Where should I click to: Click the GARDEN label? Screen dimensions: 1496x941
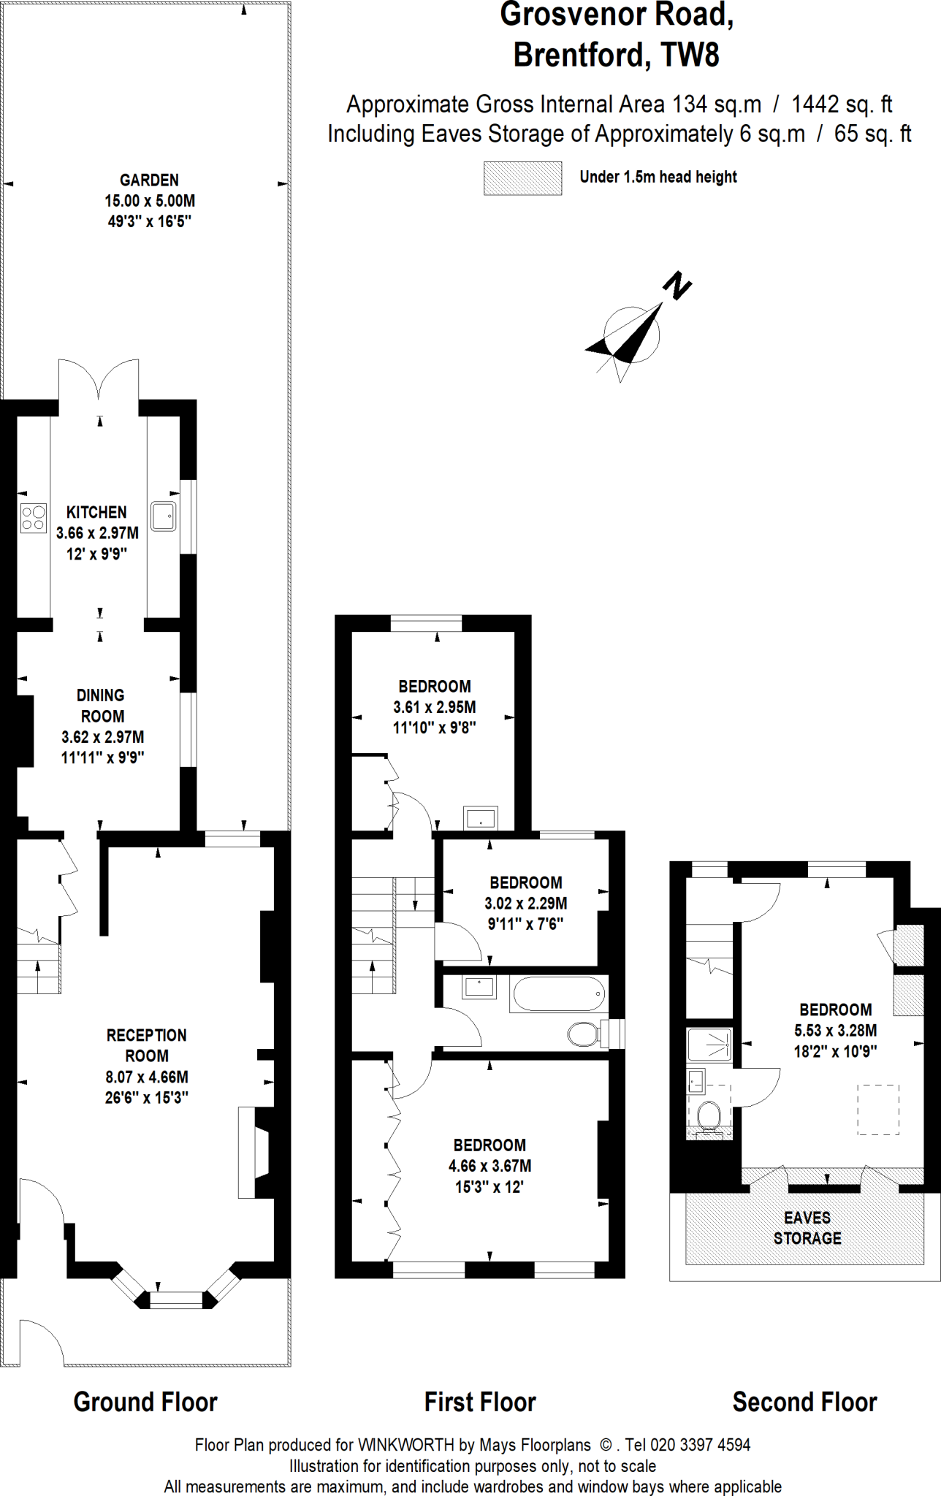pos(149,180)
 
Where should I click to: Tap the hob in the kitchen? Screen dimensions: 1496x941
pos(33,518)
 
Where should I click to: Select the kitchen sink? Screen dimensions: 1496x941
pos(163,516)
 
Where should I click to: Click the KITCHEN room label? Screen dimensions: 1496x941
pos(96,512)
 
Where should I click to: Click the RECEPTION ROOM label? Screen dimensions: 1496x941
pos(147,1045)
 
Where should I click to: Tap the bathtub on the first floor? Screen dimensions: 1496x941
pos(559,994)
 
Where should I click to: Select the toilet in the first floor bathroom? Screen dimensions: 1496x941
pos(584,1034)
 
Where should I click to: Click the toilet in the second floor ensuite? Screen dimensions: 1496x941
pos(709,1116)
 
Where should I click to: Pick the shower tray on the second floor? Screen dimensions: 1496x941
pos(709,1045)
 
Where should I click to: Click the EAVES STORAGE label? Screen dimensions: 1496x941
pos(807,1228)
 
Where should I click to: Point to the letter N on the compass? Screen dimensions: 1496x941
pos(677,286)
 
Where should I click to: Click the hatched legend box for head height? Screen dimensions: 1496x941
pos(522,178)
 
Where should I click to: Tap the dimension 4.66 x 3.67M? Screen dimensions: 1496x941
pos(489,1166)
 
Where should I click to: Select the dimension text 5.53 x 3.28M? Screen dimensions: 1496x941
pos(836,1031)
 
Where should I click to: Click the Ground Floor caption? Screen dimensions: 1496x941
pos(145,1402)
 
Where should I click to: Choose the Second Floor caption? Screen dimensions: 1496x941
pos(804,1402)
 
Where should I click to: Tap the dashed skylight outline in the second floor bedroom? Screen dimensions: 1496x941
pos(877,1110)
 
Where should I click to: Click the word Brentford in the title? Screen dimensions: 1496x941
pos(580,55)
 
